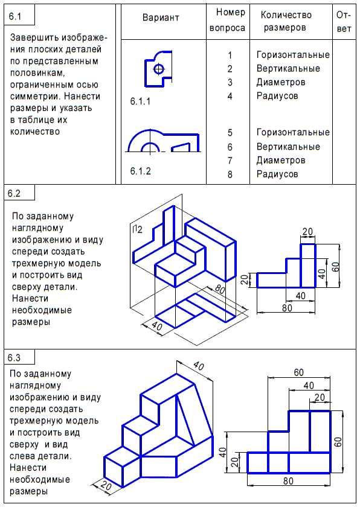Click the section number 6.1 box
pos(19,14)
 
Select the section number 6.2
pos(14,193)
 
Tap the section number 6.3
pos(14,357)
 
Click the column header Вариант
pos(161,18)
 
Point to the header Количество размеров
pos(286,21)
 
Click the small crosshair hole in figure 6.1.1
pos(159,69)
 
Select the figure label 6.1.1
pos(140,101)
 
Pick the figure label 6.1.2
pos(140,171)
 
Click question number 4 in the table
pos(230,96)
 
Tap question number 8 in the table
pos(230,174)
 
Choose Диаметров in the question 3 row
pos(281,82)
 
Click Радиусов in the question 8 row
pos(277,174)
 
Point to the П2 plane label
pos(137,229)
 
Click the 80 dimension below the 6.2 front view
pos(287,308)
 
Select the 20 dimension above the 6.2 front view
pos(307,232)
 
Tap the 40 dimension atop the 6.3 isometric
pos(199,366)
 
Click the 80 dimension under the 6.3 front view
pos(288,481)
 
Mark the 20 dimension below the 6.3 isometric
pos(106,485)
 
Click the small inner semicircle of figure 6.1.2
pos(150,147)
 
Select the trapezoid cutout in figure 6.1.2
pos(181,147)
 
